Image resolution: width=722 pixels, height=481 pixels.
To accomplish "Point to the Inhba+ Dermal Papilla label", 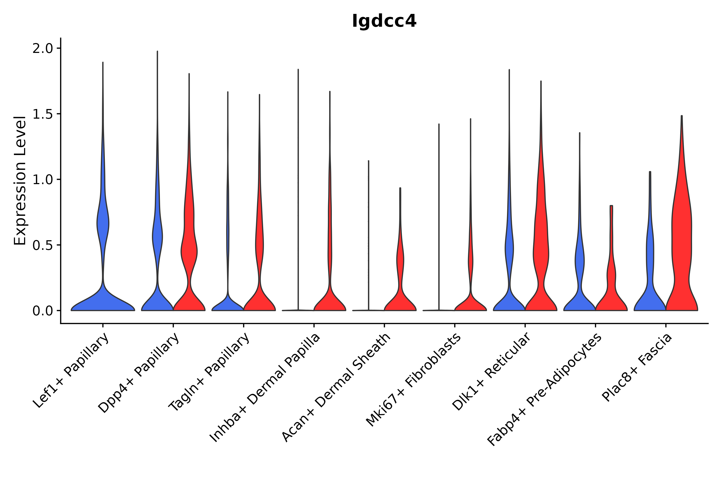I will [x=265, y=388].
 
